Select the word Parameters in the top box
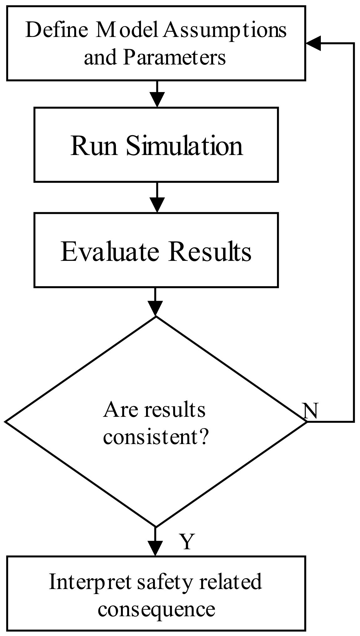click(174, 58)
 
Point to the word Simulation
click(184, 146)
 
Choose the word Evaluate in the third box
click(110, 251)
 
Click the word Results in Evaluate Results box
click(210, 251)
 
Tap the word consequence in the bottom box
click(156, 609)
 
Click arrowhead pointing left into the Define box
click(314, 43)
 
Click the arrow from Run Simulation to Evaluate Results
click(157, 198)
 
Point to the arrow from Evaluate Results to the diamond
click(155, 302)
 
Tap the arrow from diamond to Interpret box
click(155, 542)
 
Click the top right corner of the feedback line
click(354, 43)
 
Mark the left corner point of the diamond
click(6, 421)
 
